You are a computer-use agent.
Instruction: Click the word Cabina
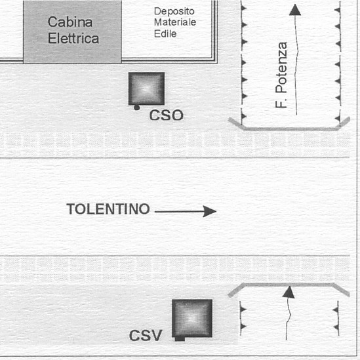pyautogui.click(x=70, y=22)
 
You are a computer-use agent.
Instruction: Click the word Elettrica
pyautogui.click(x=73, y=38)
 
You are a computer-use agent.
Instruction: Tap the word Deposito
pyautogui.click(x=174, y=12)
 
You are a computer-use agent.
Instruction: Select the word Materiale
pyautogui.click(x=175, y=22)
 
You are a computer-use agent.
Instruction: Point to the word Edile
pyautogui.click(x=165, y=33)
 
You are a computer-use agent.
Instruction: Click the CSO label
pyautogui.click(x=166, y=115)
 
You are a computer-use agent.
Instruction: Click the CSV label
pyautogui.click(x=146, y=336)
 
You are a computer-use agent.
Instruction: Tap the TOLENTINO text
pyautogui.click(x=108, y=209)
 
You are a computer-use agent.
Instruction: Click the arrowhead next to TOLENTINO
pyautogui.click(x=210, y=211)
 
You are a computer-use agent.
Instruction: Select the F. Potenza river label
pyautogui.click(x=281, y=75)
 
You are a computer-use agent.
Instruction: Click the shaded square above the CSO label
pyautogui.click(x=146, y=89)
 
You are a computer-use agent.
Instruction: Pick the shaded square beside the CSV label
pyautogui.click(x=192, y=318)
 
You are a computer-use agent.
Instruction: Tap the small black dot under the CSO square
pyautogui.click(x=137, y=108)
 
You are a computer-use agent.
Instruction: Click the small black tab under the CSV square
pyautogui.click(x=180, y=339)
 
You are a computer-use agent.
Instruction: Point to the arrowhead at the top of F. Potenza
pyautogui.click(x=295, y=10)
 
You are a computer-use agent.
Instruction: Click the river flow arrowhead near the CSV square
pyautogui.click(x=289, y=292)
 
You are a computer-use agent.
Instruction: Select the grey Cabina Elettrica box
pyautogui.click(x=72, y=31)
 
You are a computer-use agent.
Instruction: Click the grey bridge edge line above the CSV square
pyautogui.click(x=289, y=285)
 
